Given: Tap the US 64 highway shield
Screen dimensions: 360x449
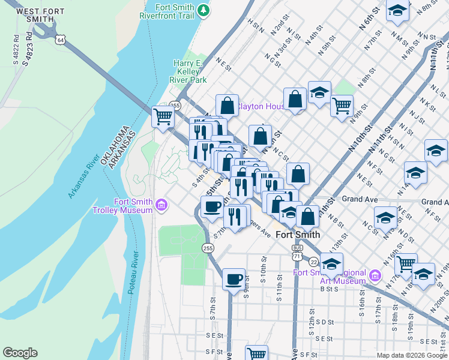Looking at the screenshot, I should pos(59,39).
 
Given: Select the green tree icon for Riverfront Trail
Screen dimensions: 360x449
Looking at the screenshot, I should pos(203,10).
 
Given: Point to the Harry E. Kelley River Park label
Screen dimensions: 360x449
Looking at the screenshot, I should pos(190,71).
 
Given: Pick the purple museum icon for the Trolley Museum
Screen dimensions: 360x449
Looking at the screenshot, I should pos(161,206).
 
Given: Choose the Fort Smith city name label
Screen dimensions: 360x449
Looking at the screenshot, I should pos(297,235).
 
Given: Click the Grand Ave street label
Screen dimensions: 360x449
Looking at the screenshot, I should pos(359,199).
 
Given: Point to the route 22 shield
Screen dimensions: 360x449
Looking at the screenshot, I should pos(314,261).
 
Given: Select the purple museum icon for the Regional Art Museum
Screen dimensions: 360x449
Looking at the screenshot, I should pos(375,275).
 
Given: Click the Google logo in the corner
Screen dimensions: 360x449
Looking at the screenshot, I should pos(20,353).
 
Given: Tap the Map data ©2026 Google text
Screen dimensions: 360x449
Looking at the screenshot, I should pos(412,355).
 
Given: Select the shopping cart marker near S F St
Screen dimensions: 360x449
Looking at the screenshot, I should pos(257,354).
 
